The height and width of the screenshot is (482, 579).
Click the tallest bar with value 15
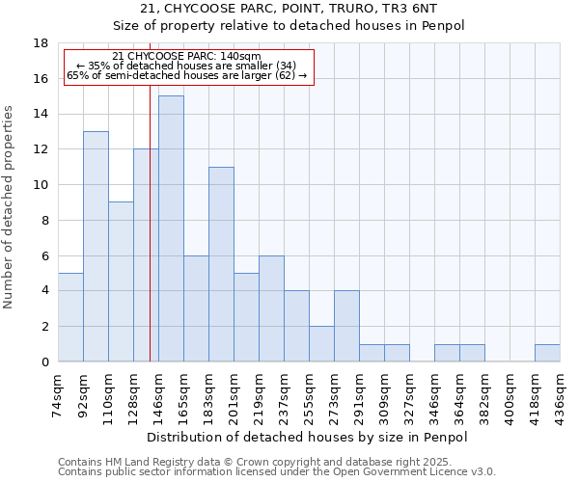pos(171,228)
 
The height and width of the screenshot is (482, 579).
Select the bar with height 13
pos(96,246)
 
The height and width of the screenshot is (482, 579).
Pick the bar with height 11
pos(221,264)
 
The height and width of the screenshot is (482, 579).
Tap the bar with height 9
pos(121,281)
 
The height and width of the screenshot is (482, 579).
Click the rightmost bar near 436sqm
pos(547,353)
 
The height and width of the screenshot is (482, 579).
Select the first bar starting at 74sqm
pos(70,317)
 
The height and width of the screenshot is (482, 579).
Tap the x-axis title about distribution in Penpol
pos(309,438)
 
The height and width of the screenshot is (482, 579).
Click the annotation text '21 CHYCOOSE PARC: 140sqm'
pos(186,57)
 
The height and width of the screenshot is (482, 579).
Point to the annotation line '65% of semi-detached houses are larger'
pos(186,74)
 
